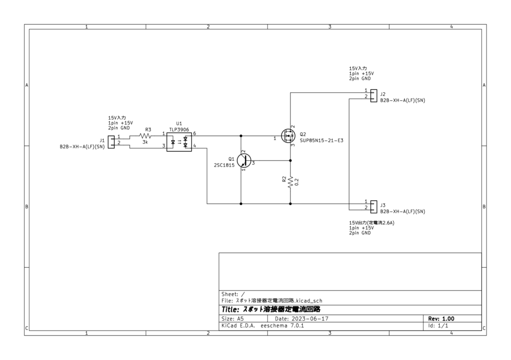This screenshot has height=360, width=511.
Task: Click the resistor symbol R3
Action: [x=146, y=135]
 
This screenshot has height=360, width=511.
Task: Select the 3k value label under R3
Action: [x=145, y=142]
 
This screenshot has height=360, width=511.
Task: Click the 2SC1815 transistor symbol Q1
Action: [x=244, y=160]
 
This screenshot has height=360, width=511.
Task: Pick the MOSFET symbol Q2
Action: [x=288, y=135]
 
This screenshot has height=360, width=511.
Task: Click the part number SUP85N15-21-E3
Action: [x=321, y=141]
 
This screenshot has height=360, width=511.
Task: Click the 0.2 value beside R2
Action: [x=297, y=182]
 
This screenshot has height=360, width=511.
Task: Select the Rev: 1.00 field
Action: [x=441, y=319]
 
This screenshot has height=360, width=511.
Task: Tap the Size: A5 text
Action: [x=233, y=319]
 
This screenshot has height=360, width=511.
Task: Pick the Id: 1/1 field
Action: [x=438, y=326]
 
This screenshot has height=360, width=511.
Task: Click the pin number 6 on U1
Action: [x=194, y=133]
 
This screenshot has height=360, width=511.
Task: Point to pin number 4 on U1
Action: [x=194, y=146]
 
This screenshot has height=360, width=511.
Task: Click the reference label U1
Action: [x=179, y=123]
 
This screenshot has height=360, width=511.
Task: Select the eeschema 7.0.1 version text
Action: [x=282, y=326]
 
